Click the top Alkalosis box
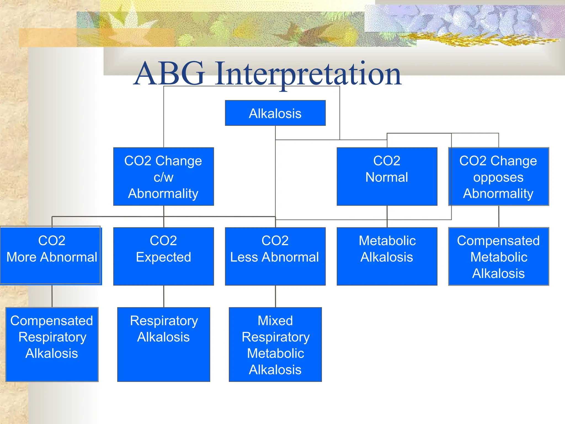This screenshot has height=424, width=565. tap(275, 113)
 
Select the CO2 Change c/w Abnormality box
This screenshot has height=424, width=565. tap(163, 177)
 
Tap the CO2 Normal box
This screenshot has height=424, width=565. tap(387, 177)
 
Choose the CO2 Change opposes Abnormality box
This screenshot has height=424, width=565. tap(498, 177)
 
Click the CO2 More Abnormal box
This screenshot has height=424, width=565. tap(51, 255)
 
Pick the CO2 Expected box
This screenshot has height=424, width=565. tap(163, 256)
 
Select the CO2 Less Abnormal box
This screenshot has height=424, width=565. tap(275, 256)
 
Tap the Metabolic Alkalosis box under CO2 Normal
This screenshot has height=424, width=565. tap(387, 256)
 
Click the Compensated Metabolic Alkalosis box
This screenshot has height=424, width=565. tap(498, 256)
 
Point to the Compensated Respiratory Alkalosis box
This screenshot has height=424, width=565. tap(52, 344)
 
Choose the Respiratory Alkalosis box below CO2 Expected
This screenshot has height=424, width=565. tap(163, 344)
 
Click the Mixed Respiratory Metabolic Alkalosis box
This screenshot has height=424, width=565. tap(275, 344)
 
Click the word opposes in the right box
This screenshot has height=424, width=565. tap(498, 177)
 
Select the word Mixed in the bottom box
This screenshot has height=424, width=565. tap(275, 321)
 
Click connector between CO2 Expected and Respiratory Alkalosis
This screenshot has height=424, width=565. tap(164, 296)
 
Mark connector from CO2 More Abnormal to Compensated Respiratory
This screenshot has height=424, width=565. tap(52, 296)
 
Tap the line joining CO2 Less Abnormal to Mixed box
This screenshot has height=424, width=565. tap(275, 296)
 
